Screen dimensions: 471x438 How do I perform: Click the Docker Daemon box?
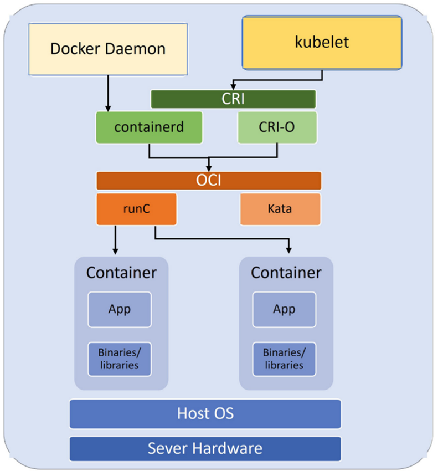(x=107, y=48)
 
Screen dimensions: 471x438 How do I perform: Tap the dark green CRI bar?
(x=233, y=99)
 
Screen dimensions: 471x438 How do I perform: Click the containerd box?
(x=149, y=127)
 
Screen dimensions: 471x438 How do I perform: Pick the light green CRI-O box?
(x=277, y=127)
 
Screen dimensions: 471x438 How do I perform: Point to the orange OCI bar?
(x=209, y=181)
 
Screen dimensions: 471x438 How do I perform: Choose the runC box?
(x=136, y=209)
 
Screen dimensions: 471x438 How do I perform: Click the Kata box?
(x=280, y=209)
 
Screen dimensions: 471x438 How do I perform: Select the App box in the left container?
(x=120, y=309)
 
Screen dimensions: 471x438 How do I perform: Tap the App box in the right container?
(x=284, y=309)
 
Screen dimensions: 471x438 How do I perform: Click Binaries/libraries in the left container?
(x=120, y=359)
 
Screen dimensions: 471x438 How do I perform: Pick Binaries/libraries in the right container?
(x=284, y=359)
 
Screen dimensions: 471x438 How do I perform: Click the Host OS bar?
(x=205, y=413)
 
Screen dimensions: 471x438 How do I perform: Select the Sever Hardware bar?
(x=205, y=448)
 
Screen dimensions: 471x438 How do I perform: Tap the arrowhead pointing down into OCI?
(x=209, y=167)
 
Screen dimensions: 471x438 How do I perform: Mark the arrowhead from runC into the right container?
(x=288, y=249)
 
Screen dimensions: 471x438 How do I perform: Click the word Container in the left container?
(x=121, y=273)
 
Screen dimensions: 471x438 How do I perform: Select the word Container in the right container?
(x=286, y=273)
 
